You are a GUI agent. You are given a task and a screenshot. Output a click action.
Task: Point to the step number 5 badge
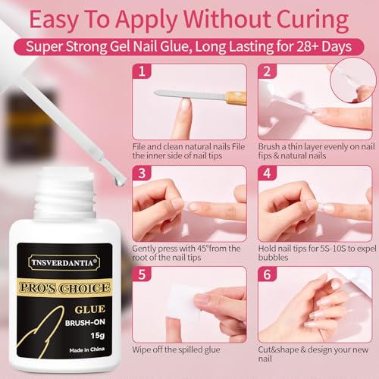point(140,275)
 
